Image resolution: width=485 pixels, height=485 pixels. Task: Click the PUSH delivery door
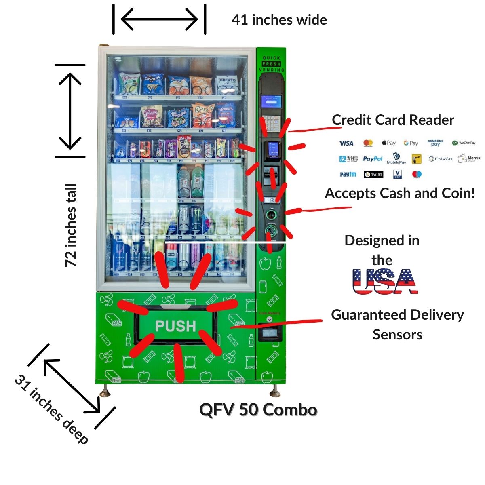tap(175, 326)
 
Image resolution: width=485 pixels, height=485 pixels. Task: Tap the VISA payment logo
tap(346, 143)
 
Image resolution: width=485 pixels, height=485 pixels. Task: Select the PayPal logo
tap(372, 159)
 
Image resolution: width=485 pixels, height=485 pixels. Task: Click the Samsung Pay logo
tap(435, 143)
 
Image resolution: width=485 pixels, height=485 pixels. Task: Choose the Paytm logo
tap(348, 175)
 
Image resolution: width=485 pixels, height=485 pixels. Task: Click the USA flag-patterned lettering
tap(384, 281)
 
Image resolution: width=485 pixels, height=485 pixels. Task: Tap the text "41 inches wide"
tap(279, 20)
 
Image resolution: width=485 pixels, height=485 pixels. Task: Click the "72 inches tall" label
tap(71, 225)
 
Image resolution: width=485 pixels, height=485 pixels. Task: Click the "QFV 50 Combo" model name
tap(258, 410)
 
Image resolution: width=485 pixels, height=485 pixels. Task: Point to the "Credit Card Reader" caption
tap(393, 120)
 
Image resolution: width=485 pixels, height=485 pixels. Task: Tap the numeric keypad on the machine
tap(271, 120)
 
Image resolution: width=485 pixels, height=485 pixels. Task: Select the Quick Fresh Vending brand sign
tap(271, 64)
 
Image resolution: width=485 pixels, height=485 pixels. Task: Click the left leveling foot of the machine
tap(105, 391)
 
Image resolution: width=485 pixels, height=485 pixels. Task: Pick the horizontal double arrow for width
tap(159, 19)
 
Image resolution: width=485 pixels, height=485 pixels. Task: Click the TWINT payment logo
tap(373, 175)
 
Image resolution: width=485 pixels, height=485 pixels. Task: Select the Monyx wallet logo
tap(469, 158)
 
